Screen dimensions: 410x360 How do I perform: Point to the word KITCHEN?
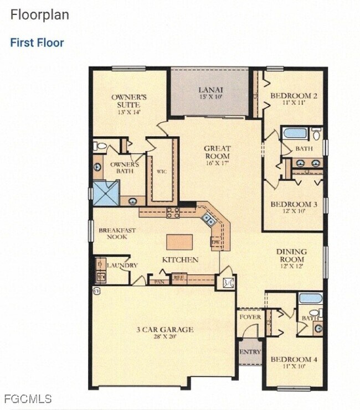[x=180, y=260]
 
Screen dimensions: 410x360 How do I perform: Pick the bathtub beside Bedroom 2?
[x=294, y=133]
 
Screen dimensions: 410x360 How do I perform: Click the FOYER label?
[x=249, y=317]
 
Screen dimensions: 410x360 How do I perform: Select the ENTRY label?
[x=250, y=352]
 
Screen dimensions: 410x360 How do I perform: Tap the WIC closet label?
[x=162, y=172]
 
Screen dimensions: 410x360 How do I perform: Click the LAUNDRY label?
[x=122, y=266]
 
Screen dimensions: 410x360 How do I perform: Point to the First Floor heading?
[x=37, y=43]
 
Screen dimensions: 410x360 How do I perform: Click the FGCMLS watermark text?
[x=27, y=398]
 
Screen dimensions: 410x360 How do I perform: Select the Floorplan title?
[x=40, y=15]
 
